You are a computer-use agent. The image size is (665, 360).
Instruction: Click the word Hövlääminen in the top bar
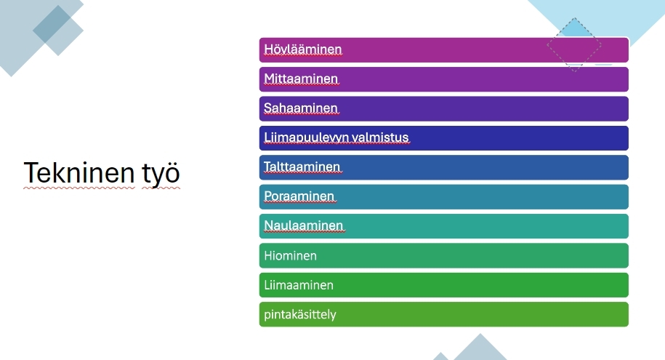303,49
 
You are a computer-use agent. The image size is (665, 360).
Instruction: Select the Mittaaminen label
301,79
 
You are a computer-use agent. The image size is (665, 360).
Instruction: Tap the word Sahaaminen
301,108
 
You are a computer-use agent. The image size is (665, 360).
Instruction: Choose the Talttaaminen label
302,167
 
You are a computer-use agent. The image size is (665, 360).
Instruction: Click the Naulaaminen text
304,225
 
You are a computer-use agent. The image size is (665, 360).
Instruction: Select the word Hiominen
291,255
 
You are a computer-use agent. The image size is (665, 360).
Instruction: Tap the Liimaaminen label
299,285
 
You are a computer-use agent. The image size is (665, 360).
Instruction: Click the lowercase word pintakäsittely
300,315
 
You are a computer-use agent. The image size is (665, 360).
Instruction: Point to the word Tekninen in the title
79,173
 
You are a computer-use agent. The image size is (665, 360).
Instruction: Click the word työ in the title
161,174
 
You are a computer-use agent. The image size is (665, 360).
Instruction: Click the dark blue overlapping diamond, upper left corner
52,24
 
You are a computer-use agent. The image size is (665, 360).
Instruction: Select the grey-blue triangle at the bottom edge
480,347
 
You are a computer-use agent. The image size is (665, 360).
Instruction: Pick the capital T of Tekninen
31,173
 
